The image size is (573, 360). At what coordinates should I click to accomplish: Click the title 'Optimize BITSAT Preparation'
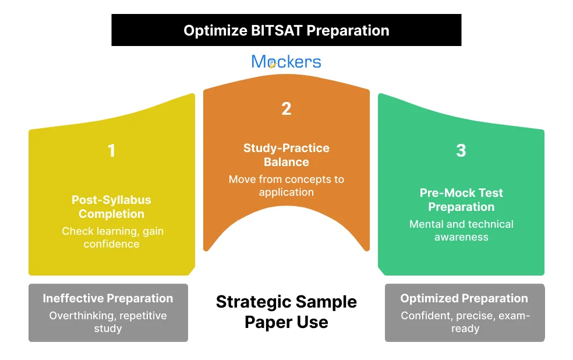(x=286, y=30)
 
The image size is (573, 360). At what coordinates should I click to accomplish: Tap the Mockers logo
(x=286, y=62)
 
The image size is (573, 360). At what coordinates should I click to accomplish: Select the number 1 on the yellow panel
(x=111, y=151)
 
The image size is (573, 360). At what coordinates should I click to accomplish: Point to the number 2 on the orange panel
(x=286, y=109)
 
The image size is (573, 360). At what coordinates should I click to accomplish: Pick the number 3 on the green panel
(x=461, y=151)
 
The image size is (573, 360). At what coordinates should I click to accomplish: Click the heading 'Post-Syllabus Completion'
(x=111, y=207)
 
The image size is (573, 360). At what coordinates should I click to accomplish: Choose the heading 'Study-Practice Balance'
(x=286, y=155)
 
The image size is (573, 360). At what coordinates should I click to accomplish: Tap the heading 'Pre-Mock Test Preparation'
(x=461, y=200)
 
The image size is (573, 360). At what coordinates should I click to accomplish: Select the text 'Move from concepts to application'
(x=286, y=186)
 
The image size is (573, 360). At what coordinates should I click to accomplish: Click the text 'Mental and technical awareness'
(x=461, y=231)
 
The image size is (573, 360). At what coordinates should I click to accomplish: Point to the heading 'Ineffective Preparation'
(x=108, y=299)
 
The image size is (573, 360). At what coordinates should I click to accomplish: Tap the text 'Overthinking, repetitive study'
(x=108, y=322)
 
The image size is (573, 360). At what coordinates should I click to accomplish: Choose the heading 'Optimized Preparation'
(x=464, y=299)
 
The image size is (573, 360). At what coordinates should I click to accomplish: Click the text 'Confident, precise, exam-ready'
(x=465, y=322)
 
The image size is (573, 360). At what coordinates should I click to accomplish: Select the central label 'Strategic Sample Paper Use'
(x=286, y=312)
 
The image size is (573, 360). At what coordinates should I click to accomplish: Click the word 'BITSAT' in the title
(x=275, y=30)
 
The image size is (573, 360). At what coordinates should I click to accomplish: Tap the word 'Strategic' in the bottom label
(x=252, y=302)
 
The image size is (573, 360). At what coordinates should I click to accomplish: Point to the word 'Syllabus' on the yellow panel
(x=128, y=200)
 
